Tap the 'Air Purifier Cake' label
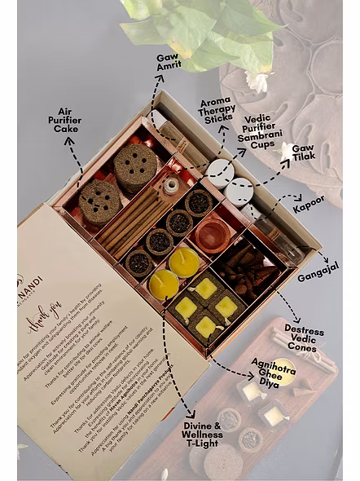pyautogui.click(x=65, y=120)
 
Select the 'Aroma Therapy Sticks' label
pyautogui.click(x=217, y=110)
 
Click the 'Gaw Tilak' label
pyautogui.click(x=302, y=152)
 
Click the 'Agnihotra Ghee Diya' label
pyautogui.click(x=272, y=372)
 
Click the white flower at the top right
pyautogui.click(x=257, y=81)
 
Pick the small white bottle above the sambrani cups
pyautogui.click(x=171, y=186)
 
